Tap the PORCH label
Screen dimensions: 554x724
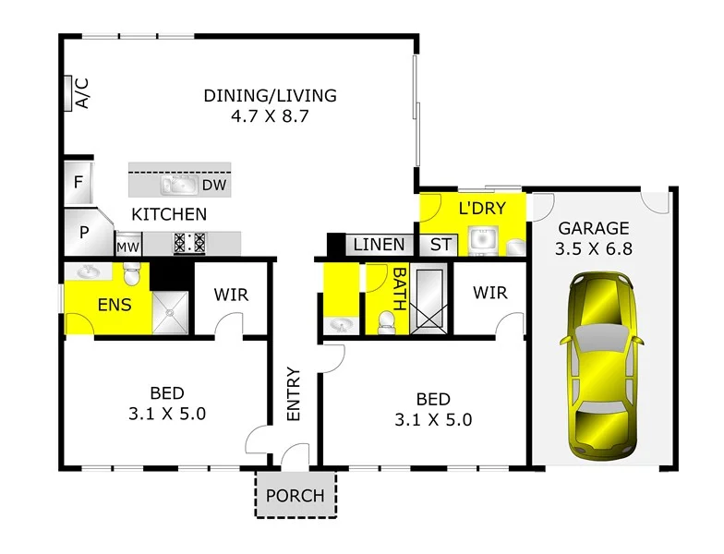296,496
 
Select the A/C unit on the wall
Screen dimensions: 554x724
70,93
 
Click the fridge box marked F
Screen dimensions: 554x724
78,182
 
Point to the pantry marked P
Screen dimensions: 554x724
83,233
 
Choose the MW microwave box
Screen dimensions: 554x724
127,247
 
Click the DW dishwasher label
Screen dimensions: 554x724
214,186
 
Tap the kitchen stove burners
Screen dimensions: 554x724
189,243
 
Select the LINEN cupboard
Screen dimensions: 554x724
380,245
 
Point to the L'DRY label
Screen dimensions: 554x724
482,208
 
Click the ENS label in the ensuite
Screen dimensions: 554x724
115,305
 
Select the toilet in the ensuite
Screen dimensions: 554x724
132,273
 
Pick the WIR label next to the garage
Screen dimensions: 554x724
490,293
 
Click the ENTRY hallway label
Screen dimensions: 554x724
294,394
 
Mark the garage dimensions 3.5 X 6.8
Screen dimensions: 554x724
592,249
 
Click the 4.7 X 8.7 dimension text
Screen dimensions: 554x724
270,117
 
